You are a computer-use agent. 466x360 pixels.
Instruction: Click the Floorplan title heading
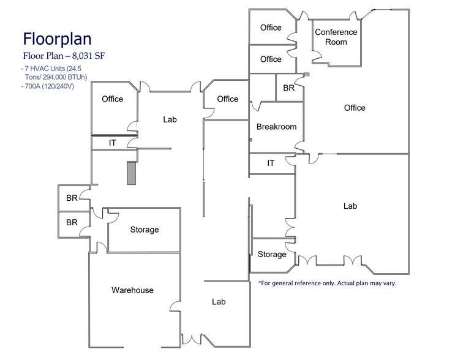(x=57, y=39)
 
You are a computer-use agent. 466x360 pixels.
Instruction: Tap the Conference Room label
(x=336, y=37)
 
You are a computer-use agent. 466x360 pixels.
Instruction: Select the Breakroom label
(x=276, y=127)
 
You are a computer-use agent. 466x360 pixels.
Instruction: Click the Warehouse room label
(x=132, y=290)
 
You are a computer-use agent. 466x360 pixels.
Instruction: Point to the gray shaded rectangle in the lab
(x=132, y=173)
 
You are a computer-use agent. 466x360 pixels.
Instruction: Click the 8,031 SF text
(x=88, y=56)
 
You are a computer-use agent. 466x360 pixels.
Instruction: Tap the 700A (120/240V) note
(x=48, y=86)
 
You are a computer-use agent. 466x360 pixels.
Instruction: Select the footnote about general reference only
(x=328, y=283)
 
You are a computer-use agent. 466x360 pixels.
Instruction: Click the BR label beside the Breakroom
(x=288, y=88)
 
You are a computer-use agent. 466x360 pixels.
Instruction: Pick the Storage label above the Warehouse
(x=145, y=230)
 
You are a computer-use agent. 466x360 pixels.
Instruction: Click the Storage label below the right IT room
(x=272, y=254)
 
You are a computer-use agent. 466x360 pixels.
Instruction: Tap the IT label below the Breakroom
(x=271, y=163)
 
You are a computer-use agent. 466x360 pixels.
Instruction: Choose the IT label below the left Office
(x=112, y=143)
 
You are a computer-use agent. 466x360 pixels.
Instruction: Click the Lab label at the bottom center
(x=219, y=302)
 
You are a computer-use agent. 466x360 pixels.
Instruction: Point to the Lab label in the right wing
(x=350, y=206)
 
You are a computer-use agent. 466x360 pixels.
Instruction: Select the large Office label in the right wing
(x=355, y=108)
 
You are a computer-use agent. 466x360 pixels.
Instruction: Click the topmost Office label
(x=271, y=28)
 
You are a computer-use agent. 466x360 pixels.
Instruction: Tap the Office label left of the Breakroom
(x=228, y=99)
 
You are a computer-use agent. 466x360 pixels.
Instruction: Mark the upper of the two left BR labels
(x=72, y=198)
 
